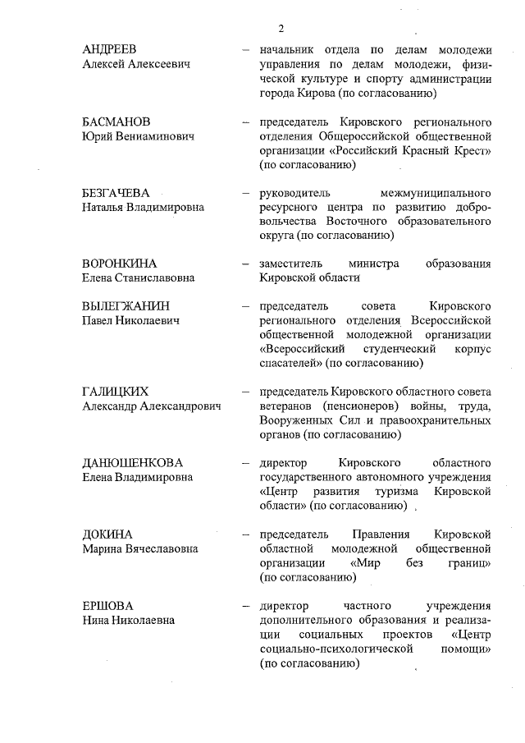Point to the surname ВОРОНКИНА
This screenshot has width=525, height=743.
click(119, 264)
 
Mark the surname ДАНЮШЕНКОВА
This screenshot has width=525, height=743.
click(132, 462)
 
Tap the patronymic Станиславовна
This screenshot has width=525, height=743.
click(157, 278)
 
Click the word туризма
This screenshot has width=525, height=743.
click(409, 491)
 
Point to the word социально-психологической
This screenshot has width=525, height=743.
click(333, 649)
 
